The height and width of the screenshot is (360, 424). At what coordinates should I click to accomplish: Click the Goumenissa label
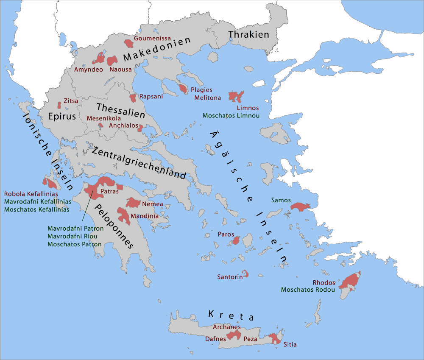pos(152,38)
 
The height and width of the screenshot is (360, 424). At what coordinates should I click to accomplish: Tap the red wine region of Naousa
pos(112,61)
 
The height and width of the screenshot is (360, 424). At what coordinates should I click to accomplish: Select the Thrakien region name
pos(248,34)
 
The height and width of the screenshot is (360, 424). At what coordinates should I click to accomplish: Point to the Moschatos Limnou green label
pos(231,115)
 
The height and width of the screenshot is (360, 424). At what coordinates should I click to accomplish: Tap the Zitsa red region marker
pos(59,105)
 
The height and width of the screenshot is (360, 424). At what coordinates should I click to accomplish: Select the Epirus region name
pos(62,117)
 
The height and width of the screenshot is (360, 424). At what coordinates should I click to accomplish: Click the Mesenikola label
pos(104,118)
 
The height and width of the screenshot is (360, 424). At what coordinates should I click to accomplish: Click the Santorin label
pos(230,277)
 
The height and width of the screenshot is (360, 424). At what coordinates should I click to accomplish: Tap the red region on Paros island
pos(236,241)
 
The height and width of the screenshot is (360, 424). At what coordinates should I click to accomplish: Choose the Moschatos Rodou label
pos(308,290)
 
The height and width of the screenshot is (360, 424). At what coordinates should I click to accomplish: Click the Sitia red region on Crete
pos(274,338)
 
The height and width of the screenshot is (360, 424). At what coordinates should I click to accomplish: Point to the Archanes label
pos(226,327)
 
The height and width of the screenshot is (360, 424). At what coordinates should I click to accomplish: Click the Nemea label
pos(153,204)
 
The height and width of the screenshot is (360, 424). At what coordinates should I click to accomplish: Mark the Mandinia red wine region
pos(125,215)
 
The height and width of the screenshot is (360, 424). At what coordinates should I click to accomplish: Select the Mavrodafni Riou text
pos(75,236)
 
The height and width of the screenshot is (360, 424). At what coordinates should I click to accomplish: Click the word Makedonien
pos(157,50)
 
